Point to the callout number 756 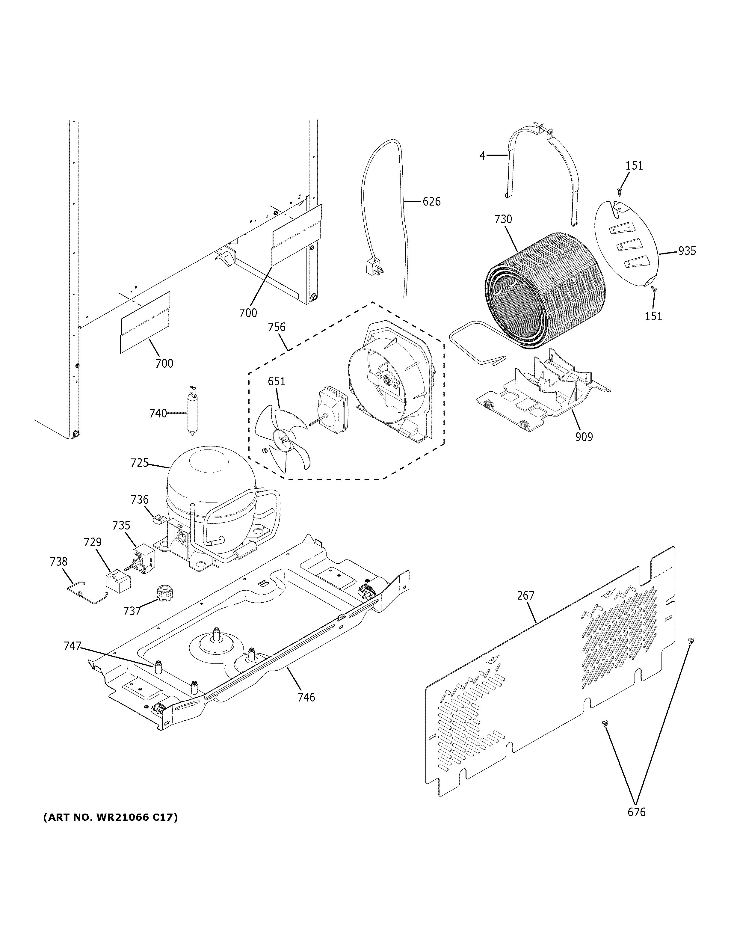[276, 327]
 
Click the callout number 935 [687, 251]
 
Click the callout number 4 [482, 155]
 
